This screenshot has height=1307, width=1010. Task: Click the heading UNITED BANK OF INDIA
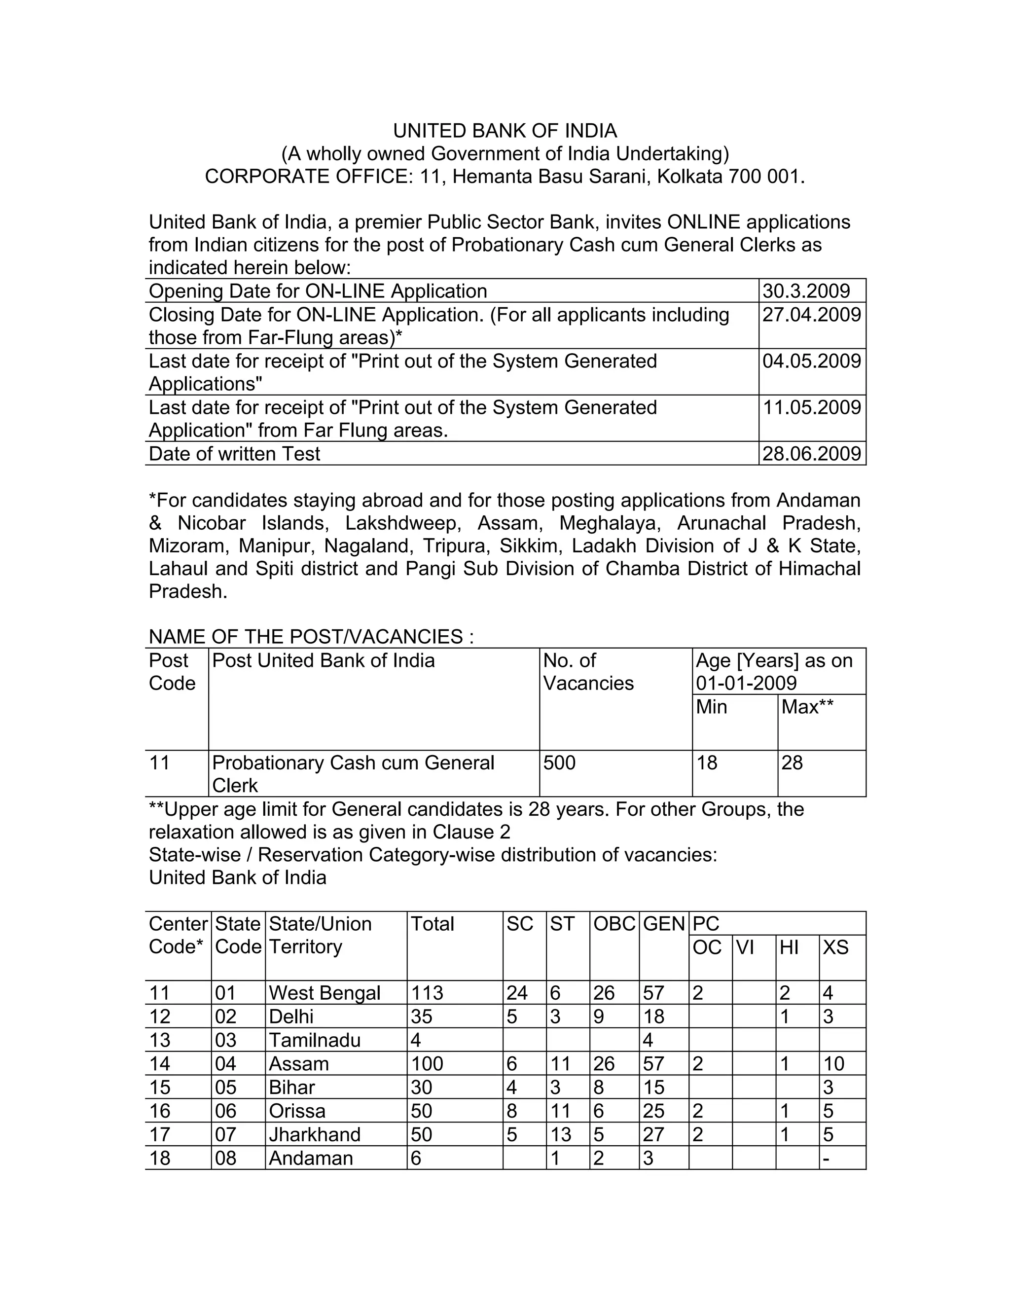(x=505, y=131)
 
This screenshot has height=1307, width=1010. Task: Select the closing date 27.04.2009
(x=811, y=315)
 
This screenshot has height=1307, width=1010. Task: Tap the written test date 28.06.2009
(x=811, y=454)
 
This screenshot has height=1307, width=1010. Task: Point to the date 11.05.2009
(x=811, y=407)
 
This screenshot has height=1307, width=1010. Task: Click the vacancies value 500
(x=559, y=763)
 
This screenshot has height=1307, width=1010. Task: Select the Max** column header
(x=806, y=707)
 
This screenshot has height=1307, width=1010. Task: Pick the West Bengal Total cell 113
(x=427, y=993)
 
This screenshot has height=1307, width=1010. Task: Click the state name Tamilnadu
(x=315, y=1040)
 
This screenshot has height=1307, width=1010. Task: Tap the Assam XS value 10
(x=833, y=1063)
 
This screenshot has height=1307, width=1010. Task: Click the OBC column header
(x=614, y=924)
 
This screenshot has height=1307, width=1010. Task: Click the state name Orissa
(x=297, y=1111)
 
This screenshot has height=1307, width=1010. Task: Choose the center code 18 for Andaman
(x=160, y=1158)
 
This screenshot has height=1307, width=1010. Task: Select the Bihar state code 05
(x=225, y=1088)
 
